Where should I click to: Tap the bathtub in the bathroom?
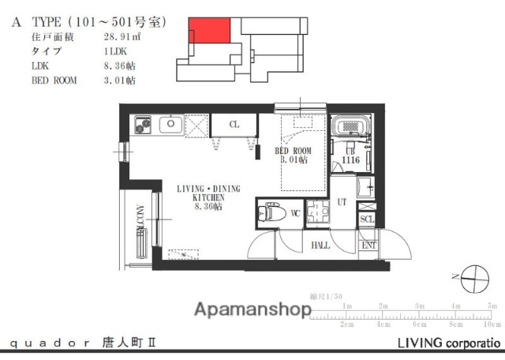click(348, 127)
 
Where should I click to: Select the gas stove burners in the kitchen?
click(143, 124)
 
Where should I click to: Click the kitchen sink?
click(170, 124)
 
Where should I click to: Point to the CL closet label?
click(234, 125)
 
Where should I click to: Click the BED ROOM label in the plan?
click(293, 150)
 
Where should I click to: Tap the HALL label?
click(320, 246)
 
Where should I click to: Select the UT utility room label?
click(342, 203)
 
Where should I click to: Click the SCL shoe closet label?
click(367, 219)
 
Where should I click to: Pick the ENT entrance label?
click(368, 246)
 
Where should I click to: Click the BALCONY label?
click(140, 222)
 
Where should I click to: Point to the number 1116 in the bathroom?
click(351, 160)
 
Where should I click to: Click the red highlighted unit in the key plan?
click(209, 31)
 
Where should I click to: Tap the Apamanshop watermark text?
click(252, 309)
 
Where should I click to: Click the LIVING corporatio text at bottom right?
click(448, 343)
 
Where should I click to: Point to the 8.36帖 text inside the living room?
click(208, 207)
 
